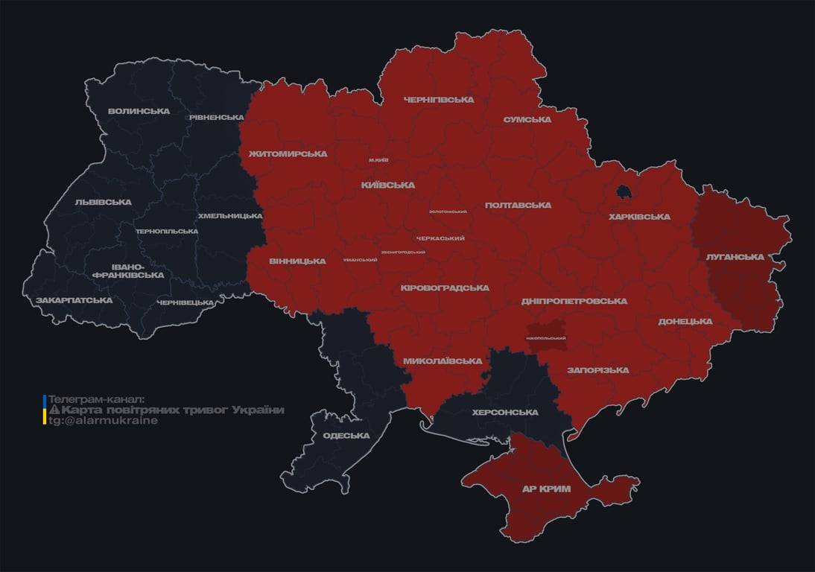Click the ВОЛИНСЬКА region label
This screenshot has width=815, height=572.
[139, 112]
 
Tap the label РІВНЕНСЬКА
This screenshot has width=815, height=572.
[216, 118]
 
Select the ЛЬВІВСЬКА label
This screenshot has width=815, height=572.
[103, 202]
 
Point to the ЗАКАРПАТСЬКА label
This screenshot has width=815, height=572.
[74, 300]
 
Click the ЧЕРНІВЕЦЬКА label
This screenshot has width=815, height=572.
[185, 302]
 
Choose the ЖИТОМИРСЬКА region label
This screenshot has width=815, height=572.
[288, 154]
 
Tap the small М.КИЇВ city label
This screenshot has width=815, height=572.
[378, 160]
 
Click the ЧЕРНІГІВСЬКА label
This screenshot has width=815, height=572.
[439, 100]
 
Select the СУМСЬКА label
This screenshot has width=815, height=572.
[527, 119]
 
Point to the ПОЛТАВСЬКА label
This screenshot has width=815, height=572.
[518, 205]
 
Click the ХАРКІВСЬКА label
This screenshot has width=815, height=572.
[639, 217]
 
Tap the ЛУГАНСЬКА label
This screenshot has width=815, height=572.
[735, 257]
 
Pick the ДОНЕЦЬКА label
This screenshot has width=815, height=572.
[685, 322]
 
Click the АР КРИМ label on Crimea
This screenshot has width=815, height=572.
[545, 489]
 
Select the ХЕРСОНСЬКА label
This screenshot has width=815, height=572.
[505, 413]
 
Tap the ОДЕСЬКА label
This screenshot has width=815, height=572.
[346, 436]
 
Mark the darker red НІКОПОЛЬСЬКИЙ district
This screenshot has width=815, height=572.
[546, 337]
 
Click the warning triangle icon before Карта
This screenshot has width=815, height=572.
[54, 410]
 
